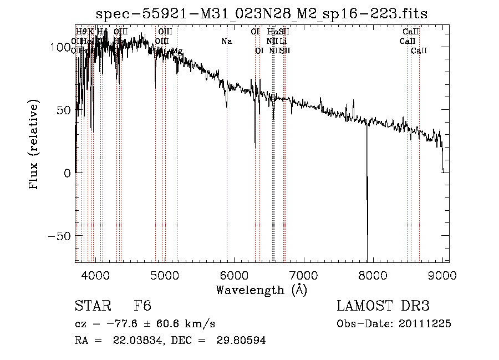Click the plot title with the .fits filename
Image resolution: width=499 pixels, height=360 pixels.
tap(262, 13)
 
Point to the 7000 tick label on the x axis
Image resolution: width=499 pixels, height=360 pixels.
tap(304, 274)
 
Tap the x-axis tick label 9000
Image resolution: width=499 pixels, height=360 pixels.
tap(442, 274)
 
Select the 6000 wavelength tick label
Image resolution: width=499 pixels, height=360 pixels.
tap(234, 274)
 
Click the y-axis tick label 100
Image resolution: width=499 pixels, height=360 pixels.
tap(60, 47)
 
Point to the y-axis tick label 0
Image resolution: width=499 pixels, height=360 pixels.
tap(66, 173)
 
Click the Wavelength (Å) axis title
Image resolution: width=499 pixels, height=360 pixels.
tap(261, 290)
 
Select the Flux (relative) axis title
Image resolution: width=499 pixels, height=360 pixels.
tap(35, 145)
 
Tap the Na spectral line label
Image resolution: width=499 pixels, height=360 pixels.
tap(226, 41)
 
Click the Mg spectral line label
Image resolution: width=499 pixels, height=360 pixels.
tap(177, 51)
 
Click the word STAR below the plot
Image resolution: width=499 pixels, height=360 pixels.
tap(92, 306)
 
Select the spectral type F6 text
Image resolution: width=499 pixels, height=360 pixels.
tap(142, 306)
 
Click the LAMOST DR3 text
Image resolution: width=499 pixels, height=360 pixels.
tap(383, 306)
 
